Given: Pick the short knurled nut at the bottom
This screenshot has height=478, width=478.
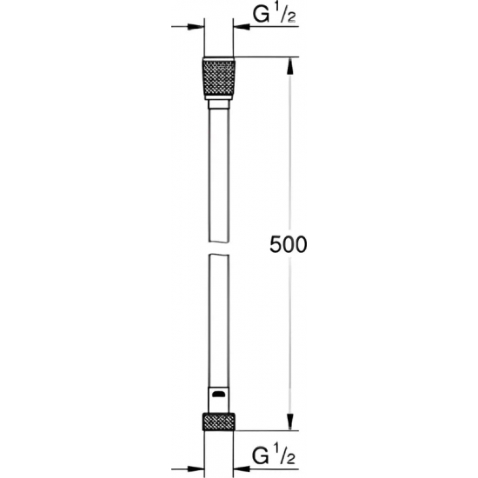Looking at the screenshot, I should coord(218,417).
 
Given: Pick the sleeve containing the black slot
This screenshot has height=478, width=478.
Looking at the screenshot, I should coord(218,394).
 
